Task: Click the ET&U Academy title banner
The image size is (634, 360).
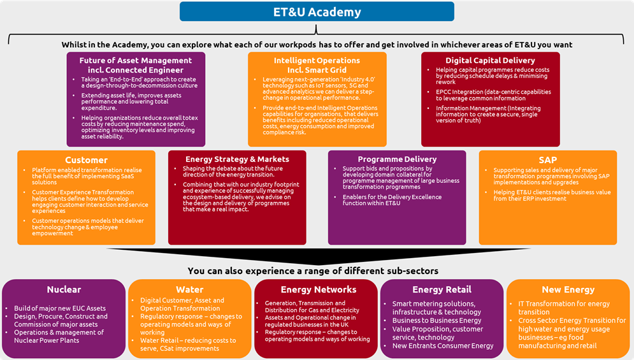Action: tap(317, 11)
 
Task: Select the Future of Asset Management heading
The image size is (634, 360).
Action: tap(136, 65)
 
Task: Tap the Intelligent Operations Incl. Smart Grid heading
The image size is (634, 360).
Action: tap(316, 65)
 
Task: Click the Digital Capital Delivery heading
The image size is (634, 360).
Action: tap(490, 61)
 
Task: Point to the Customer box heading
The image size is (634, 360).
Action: tap(86, 160)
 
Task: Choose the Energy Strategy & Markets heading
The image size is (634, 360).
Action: tap(237, 159)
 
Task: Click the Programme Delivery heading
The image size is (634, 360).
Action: tap(397, 159)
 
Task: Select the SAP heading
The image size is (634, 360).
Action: tap(547, 160)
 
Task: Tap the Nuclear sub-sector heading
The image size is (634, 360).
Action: tap(64, 290)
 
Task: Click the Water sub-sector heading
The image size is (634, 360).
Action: tap(189, 290)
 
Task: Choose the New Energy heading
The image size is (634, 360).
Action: tap(568, 290)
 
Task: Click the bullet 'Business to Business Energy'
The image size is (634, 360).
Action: tap(437, 320)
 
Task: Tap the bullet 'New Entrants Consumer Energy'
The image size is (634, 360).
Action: tap(443, 346)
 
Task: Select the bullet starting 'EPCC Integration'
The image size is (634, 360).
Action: tap(493, 96)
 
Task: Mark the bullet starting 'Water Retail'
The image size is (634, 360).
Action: tap(189, 345)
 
